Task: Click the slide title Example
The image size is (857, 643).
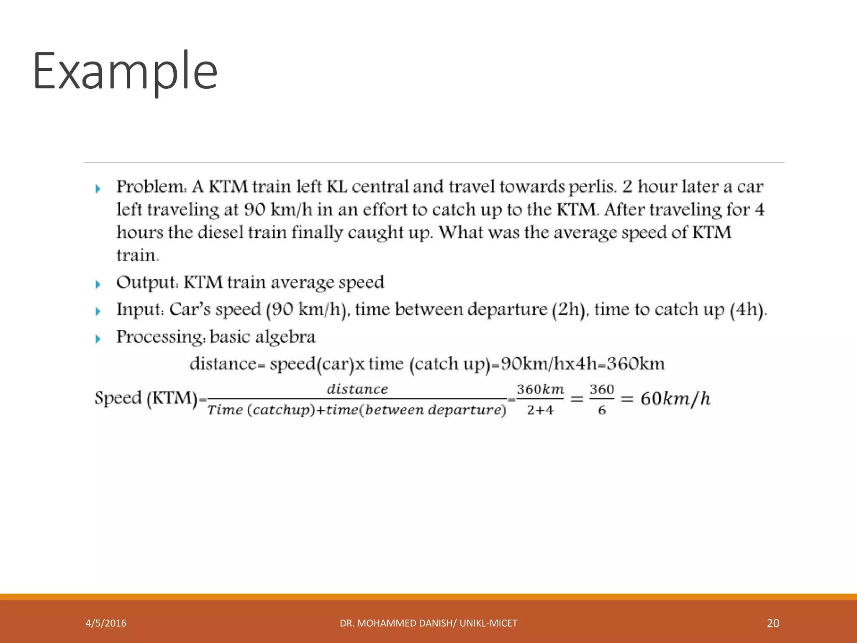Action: [125, 71]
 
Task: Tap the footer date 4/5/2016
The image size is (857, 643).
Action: [106, 623]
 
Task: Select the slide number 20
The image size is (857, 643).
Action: [773, 623]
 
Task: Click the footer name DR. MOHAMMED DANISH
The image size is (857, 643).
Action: [397, 623]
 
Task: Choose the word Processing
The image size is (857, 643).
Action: [161, 337]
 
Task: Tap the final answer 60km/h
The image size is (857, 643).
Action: [675, 399]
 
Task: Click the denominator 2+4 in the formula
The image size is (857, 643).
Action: [540, 410]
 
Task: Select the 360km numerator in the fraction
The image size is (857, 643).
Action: [540, 389]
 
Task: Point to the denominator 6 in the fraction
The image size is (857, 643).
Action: [602, 410]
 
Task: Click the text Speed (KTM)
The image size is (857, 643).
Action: [146, 398]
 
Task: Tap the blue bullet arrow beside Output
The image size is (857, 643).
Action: [98, 285]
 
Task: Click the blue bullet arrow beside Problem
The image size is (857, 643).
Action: [98, 189]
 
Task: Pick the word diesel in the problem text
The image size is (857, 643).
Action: [220, 233]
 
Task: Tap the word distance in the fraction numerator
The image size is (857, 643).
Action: [357, 389]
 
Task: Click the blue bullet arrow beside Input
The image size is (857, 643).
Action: [98, 311]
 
